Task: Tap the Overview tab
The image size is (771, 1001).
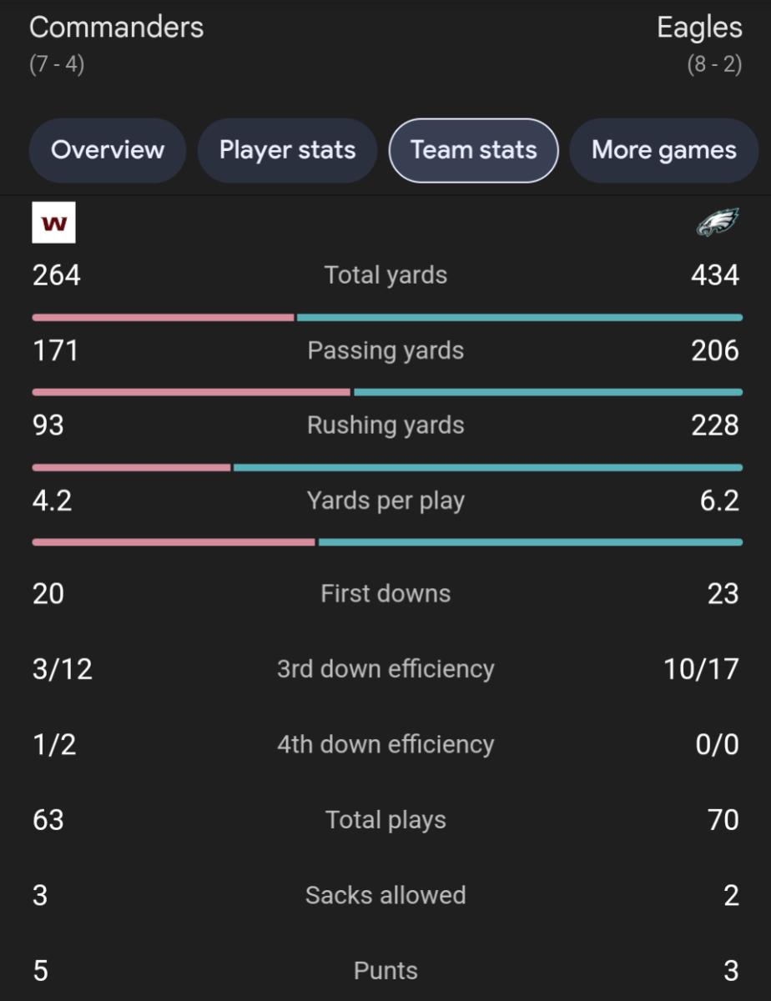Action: (108, 150)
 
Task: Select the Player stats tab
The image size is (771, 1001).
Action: (287, 150)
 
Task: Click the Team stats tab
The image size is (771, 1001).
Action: (473, 150)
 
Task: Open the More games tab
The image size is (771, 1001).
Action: (663, 150)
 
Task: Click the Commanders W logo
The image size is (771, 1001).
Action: (53, 223)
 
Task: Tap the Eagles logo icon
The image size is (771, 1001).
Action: (718, 223)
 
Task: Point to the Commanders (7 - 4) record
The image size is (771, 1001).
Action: (57, 64)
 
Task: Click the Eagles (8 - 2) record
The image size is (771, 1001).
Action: (714, 64)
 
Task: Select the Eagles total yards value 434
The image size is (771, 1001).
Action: (715, 275)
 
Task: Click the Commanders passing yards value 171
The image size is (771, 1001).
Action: (55, 350)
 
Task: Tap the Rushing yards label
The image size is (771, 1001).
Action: (385, 425)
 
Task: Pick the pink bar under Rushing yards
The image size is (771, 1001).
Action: (131, 468)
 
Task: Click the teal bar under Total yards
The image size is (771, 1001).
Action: (519, 318)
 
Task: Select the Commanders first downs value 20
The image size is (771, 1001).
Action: (48, 594)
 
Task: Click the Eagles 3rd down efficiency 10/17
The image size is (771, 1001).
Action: (701, 669)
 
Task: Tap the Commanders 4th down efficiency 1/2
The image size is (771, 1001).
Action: (54, 744)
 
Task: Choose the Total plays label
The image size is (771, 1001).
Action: (385, 820)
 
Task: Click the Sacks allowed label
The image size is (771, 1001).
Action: (385, 895)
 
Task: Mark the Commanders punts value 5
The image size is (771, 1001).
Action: (40, 971)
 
